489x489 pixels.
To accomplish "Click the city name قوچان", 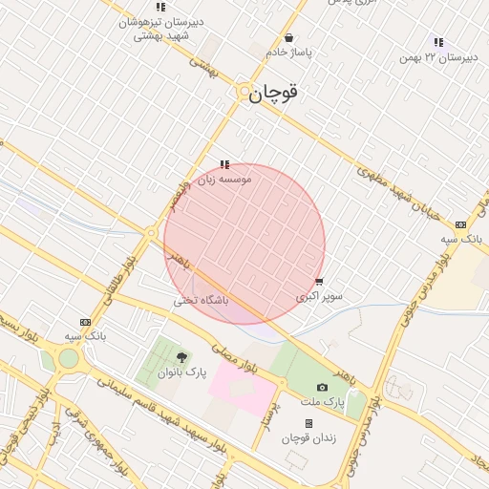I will coord(273,93).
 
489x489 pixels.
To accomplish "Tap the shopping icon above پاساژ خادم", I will coord(289,38).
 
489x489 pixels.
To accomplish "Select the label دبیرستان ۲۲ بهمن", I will coord(438,57).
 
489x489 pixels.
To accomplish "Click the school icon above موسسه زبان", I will coord(225,164).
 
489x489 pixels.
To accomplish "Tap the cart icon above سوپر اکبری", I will coord(319,283).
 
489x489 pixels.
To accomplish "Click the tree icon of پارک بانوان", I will coord(181,357).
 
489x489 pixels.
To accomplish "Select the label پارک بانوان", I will coord(181,372).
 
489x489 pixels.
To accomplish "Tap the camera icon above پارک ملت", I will coord(322,387).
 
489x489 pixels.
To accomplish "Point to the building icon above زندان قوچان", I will coord(308,423).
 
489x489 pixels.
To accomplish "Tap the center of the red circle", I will coord(244,244).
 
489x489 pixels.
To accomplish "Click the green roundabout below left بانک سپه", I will coord(68,359).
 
